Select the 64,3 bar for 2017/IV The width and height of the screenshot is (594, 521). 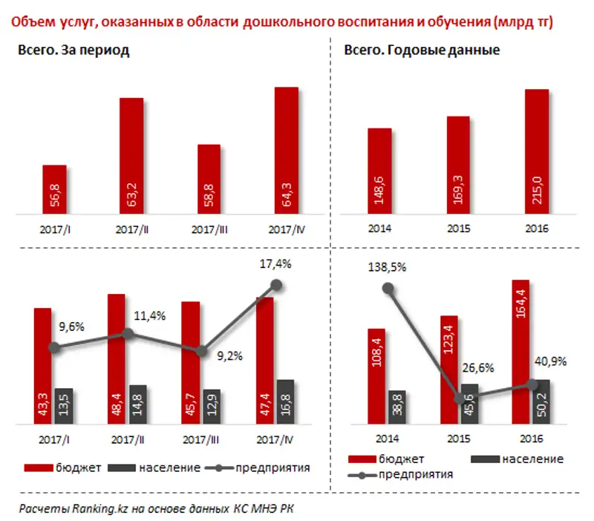coord(286,151)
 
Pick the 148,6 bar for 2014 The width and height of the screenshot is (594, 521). coord(379,171)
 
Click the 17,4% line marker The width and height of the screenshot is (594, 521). coord(277,284)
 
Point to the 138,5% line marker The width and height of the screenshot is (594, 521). coord(387,289)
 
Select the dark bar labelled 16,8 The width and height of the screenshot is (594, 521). coord(284,402)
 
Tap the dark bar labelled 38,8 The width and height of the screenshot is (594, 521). coord(396,407)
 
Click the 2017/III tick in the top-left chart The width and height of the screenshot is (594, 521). coord(209,229)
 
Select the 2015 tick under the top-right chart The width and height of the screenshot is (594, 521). coord(457,229)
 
